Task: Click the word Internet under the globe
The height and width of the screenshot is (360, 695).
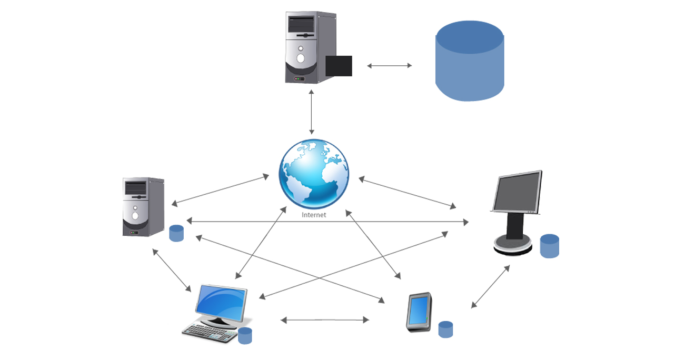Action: (x=314, y=215)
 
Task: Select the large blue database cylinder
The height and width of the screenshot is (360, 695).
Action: (x=470, y=61)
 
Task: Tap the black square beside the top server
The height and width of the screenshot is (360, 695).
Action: (x=339, y=66)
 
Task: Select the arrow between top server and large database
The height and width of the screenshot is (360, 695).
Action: (x=390, y=66)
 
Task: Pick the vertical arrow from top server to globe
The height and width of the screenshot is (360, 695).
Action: (x=312, y=112)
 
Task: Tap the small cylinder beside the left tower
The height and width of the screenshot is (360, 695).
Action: (x=176, y=233)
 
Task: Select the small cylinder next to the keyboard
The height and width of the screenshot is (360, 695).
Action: (x=245, y=335)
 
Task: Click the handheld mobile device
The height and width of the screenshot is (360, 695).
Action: (x=420, y=312)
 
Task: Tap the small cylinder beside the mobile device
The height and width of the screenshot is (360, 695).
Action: (x=445, y=329)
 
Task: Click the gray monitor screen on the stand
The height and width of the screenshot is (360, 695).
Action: (x=517, y=192)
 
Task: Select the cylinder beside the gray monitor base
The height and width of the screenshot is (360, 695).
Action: (x=550, y=246)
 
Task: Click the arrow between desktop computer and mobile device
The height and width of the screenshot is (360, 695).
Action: (x=325, y=319)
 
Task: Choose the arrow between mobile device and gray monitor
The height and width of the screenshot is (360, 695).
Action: (x=490, y=286)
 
